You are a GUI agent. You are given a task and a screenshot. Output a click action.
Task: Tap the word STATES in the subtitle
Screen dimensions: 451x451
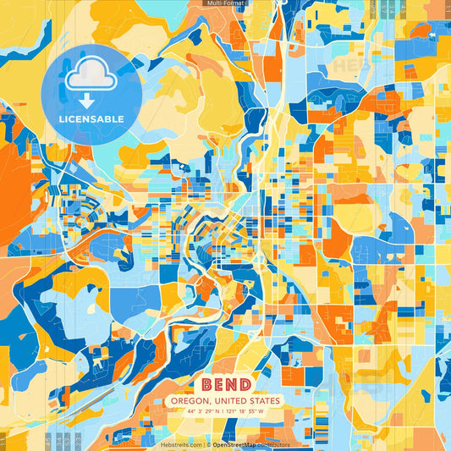pyautogui.click(x=262, y=401)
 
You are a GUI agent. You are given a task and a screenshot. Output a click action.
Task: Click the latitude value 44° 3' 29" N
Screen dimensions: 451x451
pyautogui.click(x=204, y=412)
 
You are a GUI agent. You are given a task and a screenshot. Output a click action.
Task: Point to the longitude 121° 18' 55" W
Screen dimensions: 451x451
pyautogui.click(x=246, y=412)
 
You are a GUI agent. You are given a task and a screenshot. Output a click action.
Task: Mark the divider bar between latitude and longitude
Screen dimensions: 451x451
pyautogui.click(x=225, y=412)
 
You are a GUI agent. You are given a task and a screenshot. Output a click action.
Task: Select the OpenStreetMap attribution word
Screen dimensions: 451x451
pyautogui.click(x=236, y=444)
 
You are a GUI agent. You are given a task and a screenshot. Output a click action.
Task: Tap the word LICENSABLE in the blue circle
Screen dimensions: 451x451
pyautogui.click(x=91, y=119)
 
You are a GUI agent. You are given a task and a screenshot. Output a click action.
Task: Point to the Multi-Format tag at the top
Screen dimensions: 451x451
pyautogui.click(x=225, y=3)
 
